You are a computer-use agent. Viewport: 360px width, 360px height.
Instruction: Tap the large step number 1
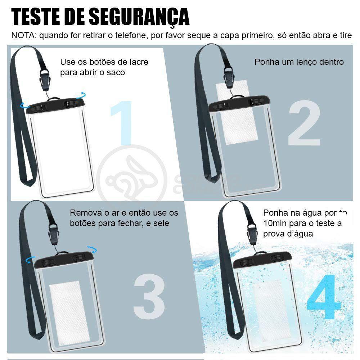122,122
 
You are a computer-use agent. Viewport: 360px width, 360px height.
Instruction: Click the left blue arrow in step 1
24,105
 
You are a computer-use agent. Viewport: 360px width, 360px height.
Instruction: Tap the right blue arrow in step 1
82,95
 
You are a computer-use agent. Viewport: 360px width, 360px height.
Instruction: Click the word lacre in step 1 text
138,62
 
